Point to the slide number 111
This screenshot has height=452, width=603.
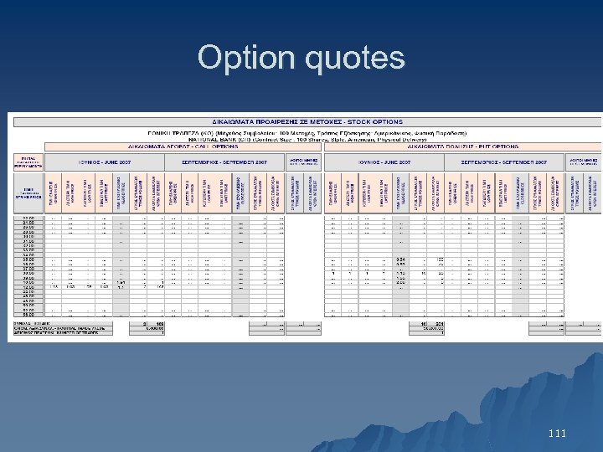(x=556, y=434)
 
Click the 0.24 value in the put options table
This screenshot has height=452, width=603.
(x=400, y=259)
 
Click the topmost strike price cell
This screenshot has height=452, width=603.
(x=28, y=218)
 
